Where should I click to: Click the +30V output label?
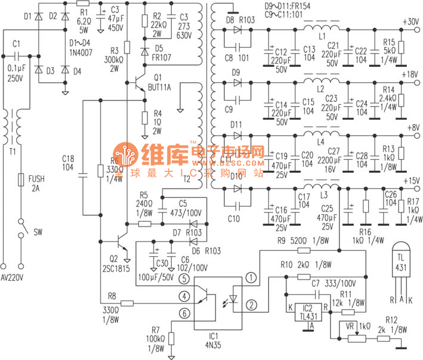point(411,22)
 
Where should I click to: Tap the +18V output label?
point(411,75)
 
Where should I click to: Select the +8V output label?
point(412,127)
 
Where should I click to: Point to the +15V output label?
point(411,180)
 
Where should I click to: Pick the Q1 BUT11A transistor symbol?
point(141,81)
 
